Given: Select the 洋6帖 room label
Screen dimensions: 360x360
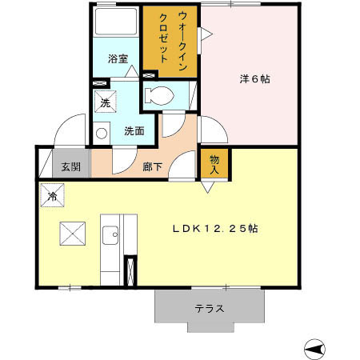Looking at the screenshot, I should pos(255,79).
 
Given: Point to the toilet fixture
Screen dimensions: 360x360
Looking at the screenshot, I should pos(161,94).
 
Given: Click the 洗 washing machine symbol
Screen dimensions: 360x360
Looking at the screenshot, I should pos(105,102).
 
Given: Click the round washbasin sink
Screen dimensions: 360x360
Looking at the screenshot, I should pos(101,134).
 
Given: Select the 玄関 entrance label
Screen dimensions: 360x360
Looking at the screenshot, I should pos(70,167).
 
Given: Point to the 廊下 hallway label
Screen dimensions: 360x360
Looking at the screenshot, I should pos(152,167).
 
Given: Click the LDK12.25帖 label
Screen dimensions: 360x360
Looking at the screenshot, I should pos(214,229).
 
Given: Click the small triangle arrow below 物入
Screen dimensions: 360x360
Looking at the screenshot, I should pos(207,187).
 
